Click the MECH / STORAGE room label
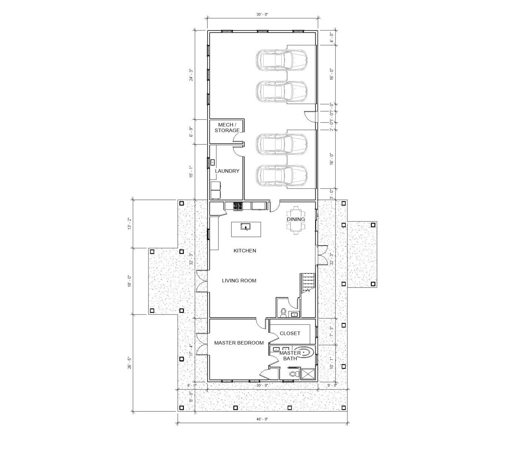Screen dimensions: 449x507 click(227, 127)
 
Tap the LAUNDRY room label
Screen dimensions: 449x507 click(227, 171)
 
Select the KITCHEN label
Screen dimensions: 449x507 click(245, 251)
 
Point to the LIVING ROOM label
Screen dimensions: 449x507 click(239, 280)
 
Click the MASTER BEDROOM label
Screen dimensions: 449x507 click(239, 343)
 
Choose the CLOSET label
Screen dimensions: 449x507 click(290, 333)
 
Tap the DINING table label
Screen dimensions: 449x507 click(295, 219)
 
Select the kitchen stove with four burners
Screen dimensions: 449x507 click(238, 206)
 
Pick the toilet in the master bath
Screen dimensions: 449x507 click(293, 374)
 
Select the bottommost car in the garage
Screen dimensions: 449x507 click(281, 175)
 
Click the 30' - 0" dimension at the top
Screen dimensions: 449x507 click(262, 14)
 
